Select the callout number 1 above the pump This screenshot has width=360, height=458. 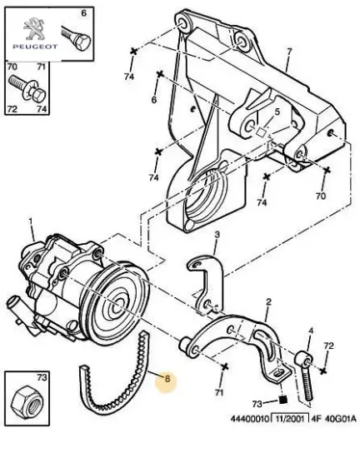[31, 222]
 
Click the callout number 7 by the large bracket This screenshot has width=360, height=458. [288, 52]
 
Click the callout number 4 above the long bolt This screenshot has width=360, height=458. [309, 331]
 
